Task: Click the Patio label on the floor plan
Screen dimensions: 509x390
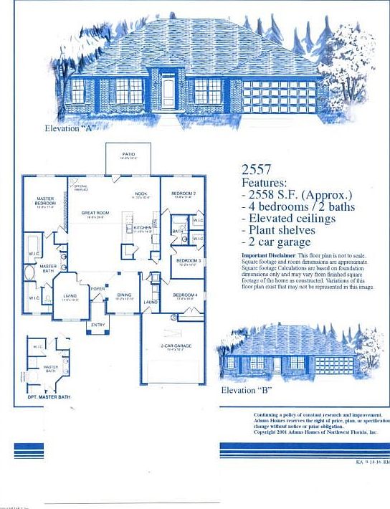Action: (128, 154)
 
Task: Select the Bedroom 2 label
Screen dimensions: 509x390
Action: (184, 194)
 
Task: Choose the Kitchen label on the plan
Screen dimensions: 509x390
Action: (142, 228)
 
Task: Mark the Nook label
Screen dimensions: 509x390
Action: (141, 194)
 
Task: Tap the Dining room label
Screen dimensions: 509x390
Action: (124, 294)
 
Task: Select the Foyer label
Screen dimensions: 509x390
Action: (97, 289)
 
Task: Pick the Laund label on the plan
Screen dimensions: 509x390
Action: (151, 303)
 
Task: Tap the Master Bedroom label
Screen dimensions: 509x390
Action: (45, 202)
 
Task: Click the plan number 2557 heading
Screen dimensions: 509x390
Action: (256, 170)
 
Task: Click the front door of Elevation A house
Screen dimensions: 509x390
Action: (168, 92)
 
